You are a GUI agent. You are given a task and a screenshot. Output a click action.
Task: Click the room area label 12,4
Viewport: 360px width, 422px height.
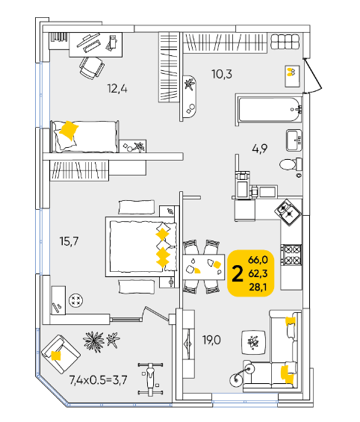(117, 89)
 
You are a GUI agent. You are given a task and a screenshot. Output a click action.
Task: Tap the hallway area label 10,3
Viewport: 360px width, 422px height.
(222, 74)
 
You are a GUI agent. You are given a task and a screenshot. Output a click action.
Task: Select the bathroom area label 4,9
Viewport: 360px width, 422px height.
(260, 149)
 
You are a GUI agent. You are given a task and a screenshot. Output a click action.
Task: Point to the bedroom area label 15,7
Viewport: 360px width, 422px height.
(69, 241)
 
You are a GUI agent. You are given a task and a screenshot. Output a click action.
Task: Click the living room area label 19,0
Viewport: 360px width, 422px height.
(211, 340)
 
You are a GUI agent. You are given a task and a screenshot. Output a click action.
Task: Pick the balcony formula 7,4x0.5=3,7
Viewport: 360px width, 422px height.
(98, 380)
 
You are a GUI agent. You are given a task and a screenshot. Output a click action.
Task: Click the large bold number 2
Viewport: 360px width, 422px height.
(238, 273)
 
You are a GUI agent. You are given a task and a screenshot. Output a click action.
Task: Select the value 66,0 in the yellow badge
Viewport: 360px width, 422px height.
(258, 260)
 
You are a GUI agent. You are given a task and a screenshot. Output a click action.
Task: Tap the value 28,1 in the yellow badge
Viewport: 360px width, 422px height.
(258, 287)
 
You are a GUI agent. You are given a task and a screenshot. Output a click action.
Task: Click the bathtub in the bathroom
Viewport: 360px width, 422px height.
(269, 110)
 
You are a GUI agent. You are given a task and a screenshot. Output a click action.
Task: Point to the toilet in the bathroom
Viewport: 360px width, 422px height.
(291, 164)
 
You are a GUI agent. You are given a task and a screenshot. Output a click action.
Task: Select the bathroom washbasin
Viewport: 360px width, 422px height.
(294, 140)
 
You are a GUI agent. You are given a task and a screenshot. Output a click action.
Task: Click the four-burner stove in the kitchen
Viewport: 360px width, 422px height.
(291, 255)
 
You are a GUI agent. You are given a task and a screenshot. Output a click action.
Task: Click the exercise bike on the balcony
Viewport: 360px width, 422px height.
(150, 379)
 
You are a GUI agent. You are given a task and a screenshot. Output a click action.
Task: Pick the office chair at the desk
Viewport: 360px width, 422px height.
(92, 67)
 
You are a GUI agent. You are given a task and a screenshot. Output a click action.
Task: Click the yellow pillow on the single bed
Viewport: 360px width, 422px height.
(69, 131)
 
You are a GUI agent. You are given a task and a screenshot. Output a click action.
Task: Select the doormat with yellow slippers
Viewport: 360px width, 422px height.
(292, 76)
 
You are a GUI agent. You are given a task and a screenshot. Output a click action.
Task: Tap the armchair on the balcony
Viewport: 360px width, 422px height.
(60, 354)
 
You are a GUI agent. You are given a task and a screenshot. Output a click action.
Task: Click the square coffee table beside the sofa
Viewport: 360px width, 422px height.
(254, 342)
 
